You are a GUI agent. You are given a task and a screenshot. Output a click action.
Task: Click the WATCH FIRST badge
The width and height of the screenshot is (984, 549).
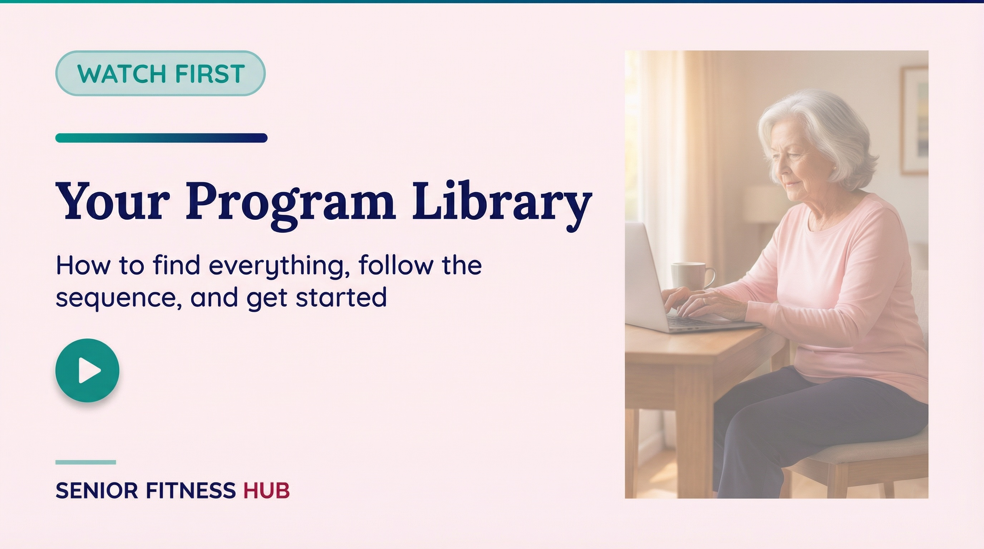pyautogui.click(x=161, y=73)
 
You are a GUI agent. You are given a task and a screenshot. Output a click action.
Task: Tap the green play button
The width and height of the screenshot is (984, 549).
pyautogui.click(x=88, y=370)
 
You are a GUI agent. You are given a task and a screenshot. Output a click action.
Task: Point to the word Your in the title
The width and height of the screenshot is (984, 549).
pyautogui.click(x=113, y=201)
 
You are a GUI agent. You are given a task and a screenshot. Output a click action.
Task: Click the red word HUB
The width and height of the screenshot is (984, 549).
pyautogui.click(x=267, y=491)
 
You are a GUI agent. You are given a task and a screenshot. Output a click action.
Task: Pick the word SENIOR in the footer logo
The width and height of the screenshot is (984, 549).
pyautogui.click(x=97, y=491)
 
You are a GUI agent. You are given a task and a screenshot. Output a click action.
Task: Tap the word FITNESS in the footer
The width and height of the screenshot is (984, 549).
pyautogui.click(x=191, y=491)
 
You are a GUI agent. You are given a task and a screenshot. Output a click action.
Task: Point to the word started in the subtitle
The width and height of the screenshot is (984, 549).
pyautogui.click(x=341, y=297)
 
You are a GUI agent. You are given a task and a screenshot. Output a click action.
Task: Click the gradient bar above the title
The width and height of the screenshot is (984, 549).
pyautogui.click(x=161, y=138)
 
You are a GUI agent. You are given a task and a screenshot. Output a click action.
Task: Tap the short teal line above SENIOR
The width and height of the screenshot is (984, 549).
pyautogui.click(x=85, y=463)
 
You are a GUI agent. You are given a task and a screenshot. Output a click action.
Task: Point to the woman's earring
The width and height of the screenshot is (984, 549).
pyautogui.click(x=832, y=168)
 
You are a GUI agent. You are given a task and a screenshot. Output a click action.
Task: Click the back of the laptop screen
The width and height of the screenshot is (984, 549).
pyautogui.click(x=645, y=275)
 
